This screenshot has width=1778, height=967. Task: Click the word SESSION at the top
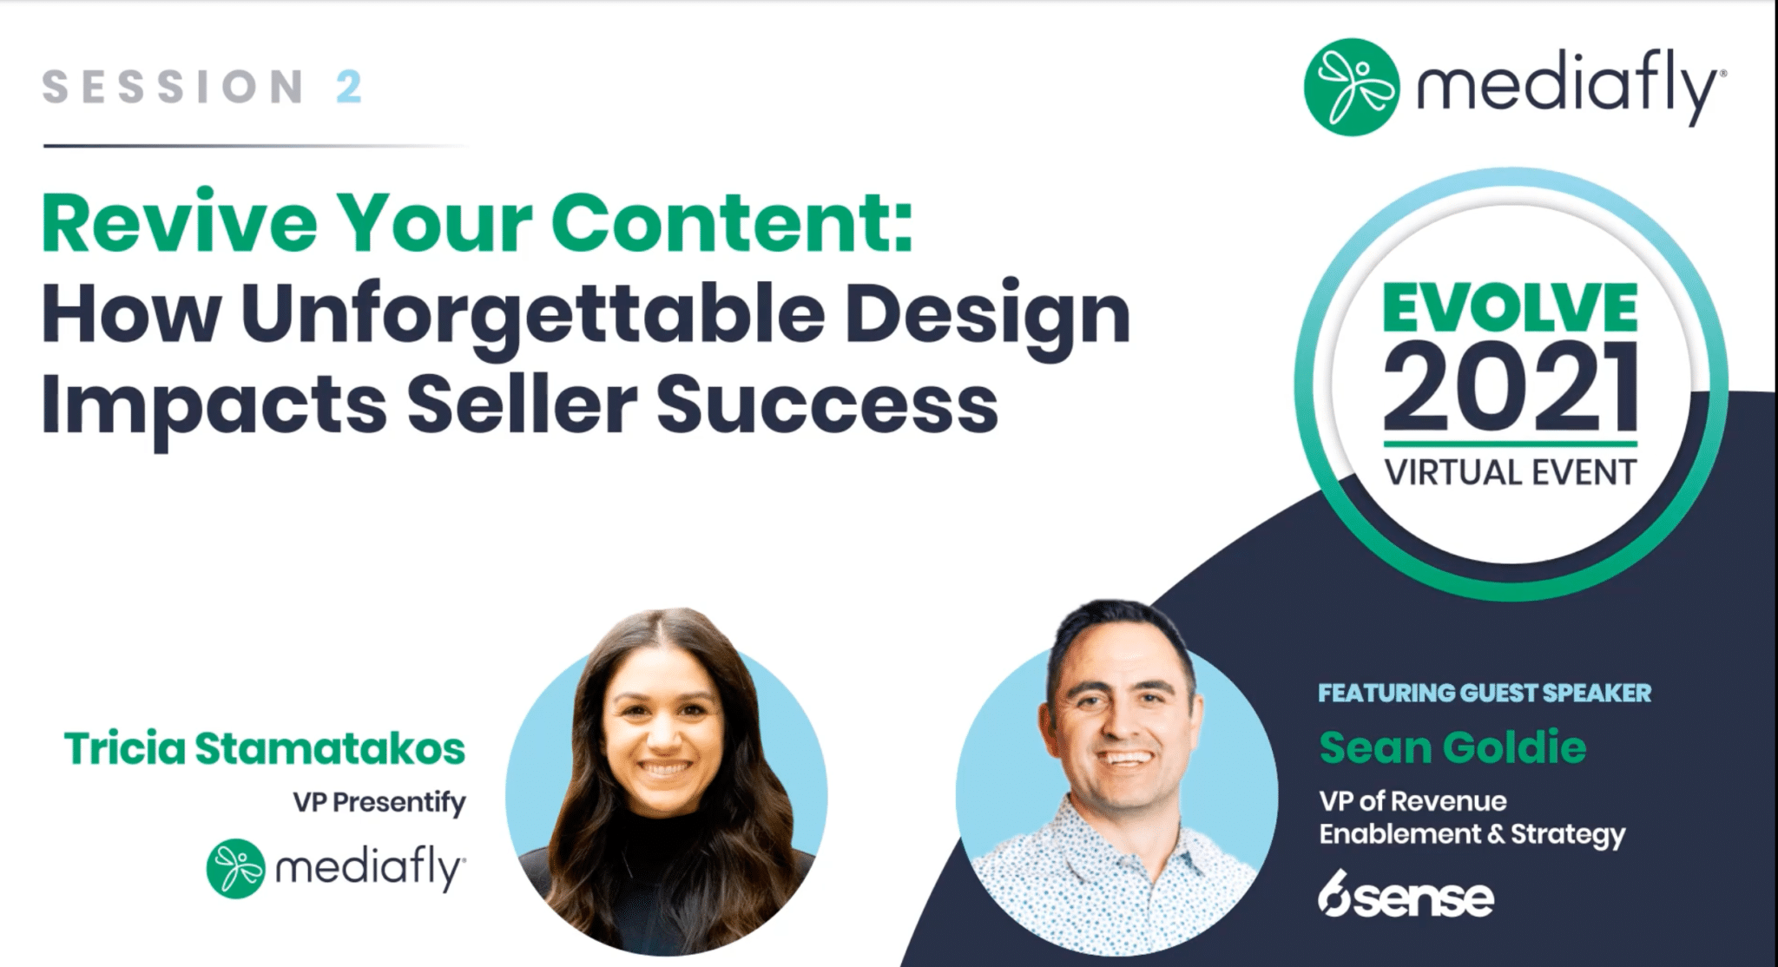(173, 87)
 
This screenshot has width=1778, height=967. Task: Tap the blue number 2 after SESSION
(348, 87)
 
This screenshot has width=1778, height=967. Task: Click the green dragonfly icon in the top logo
(1351, 87)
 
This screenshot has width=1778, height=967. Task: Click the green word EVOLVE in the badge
(1510, 307)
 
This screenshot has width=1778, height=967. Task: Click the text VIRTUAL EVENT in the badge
(1511, 473)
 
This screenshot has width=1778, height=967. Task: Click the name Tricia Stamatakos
(265, 748)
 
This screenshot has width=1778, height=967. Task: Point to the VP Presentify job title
(379, 803)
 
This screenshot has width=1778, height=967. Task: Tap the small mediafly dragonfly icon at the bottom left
(236, 868)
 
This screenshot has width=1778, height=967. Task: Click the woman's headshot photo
(667, 781)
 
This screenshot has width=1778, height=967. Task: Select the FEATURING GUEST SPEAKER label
(1485, 693)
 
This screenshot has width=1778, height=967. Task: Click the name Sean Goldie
(1452, 747)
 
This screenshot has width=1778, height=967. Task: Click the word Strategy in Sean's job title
(1568, 835)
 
